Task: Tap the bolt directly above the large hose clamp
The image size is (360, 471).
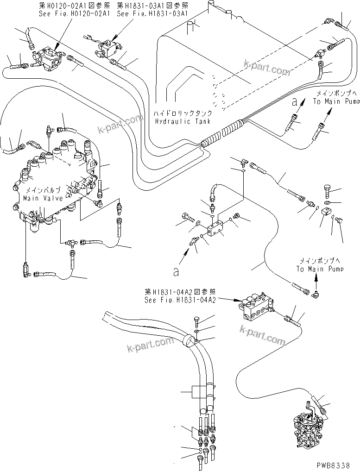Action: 197,321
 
